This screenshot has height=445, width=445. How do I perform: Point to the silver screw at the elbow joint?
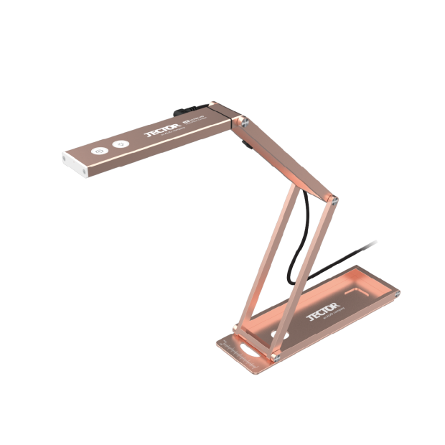(x=332, y=199)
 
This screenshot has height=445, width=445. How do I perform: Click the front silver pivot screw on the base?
(x=275, y=354)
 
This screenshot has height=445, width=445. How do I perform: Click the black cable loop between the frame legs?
(x=294, y=244)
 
